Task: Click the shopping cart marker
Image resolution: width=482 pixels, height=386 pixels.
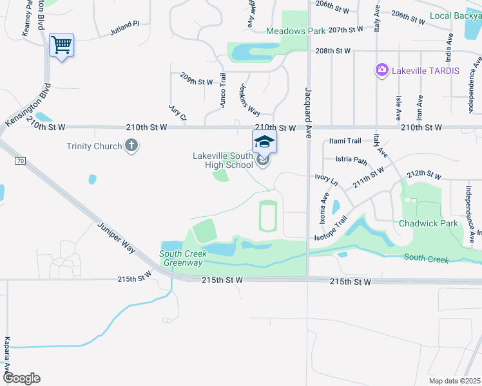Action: click(x=61, y=46)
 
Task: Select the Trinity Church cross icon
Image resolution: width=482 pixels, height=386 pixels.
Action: click(x=131, y=145)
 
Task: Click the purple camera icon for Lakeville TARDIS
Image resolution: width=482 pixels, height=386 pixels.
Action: click(x=381, y=69)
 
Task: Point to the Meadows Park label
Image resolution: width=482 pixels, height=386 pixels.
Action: click(x=296, y=31)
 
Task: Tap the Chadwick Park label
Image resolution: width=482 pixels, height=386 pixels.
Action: click(x=428, y=223)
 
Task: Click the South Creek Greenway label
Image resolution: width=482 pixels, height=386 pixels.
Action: click(x=183, y=258)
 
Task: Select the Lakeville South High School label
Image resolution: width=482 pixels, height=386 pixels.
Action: click(x=223, y=160)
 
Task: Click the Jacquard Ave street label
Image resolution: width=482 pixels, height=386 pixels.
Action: click(x=308, y=107)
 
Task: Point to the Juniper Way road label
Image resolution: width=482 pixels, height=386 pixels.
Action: click(x=117, y=237)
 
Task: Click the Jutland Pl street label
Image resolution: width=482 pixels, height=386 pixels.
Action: click(x=124, y=25)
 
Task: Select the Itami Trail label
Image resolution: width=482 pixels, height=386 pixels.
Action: click(x=345, y=141)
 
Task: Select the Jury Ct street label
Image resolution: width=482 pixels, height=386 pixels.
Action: click(x=177, y=113)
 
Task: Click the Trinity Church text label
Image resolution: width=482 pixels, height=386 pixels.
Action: click(x=94, y=146)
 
